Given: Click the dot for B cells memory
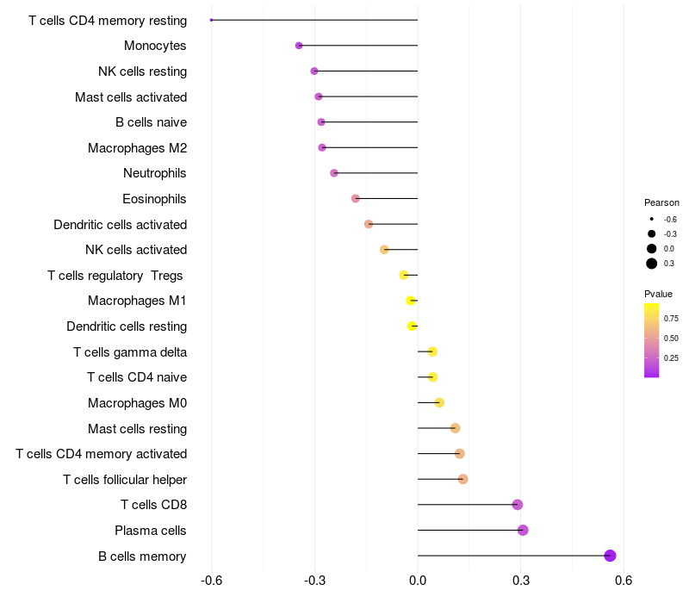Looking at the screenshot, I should tap(611, 556).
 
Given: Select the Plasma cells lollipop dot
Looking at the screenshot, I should tap(523, 530).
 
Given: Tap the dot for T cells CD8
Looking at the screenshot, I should tap(518, 505).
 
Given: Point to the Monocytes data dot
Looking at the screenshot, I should tap(299, 45).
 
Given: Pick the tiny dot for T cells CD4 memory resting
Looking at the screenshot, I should tap(211, 20).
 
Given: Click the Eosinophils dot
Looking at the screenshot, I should tap(356, 199).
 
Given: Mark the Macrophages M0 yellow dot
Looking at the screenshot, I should tap(439, 402).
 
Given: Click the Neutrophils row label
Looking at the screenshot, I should tap(155, 173).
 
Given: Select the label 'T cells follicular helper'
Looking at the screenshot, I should tap(125, 479).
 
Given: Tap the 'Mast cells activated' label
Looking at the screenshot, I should tap(131, 96).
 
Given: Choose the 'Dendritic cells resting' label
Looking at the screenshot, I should tap(127, 326).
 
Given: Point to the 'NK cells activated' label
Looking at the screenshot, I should tap(136, 250).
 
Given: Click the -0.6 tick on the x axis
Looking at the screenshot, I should tap(212, 581).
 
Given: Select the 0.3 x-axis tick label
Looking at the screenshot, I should tap(521, 581).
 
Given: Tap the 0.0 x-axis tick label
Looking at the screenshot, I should tap(418, 581).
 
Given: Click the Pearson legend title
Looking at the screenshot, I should tap(661, 202).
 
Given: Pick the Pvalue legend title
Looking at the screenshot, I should tap(659, 294).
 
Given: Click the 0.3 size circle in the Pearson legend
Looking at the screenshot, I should tap(652, 264).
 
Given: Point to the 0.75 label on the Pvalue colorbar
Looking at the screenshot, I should tap(671, 318).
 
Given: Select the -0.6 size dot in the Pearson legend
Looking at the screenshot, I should tap(652, 220).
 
